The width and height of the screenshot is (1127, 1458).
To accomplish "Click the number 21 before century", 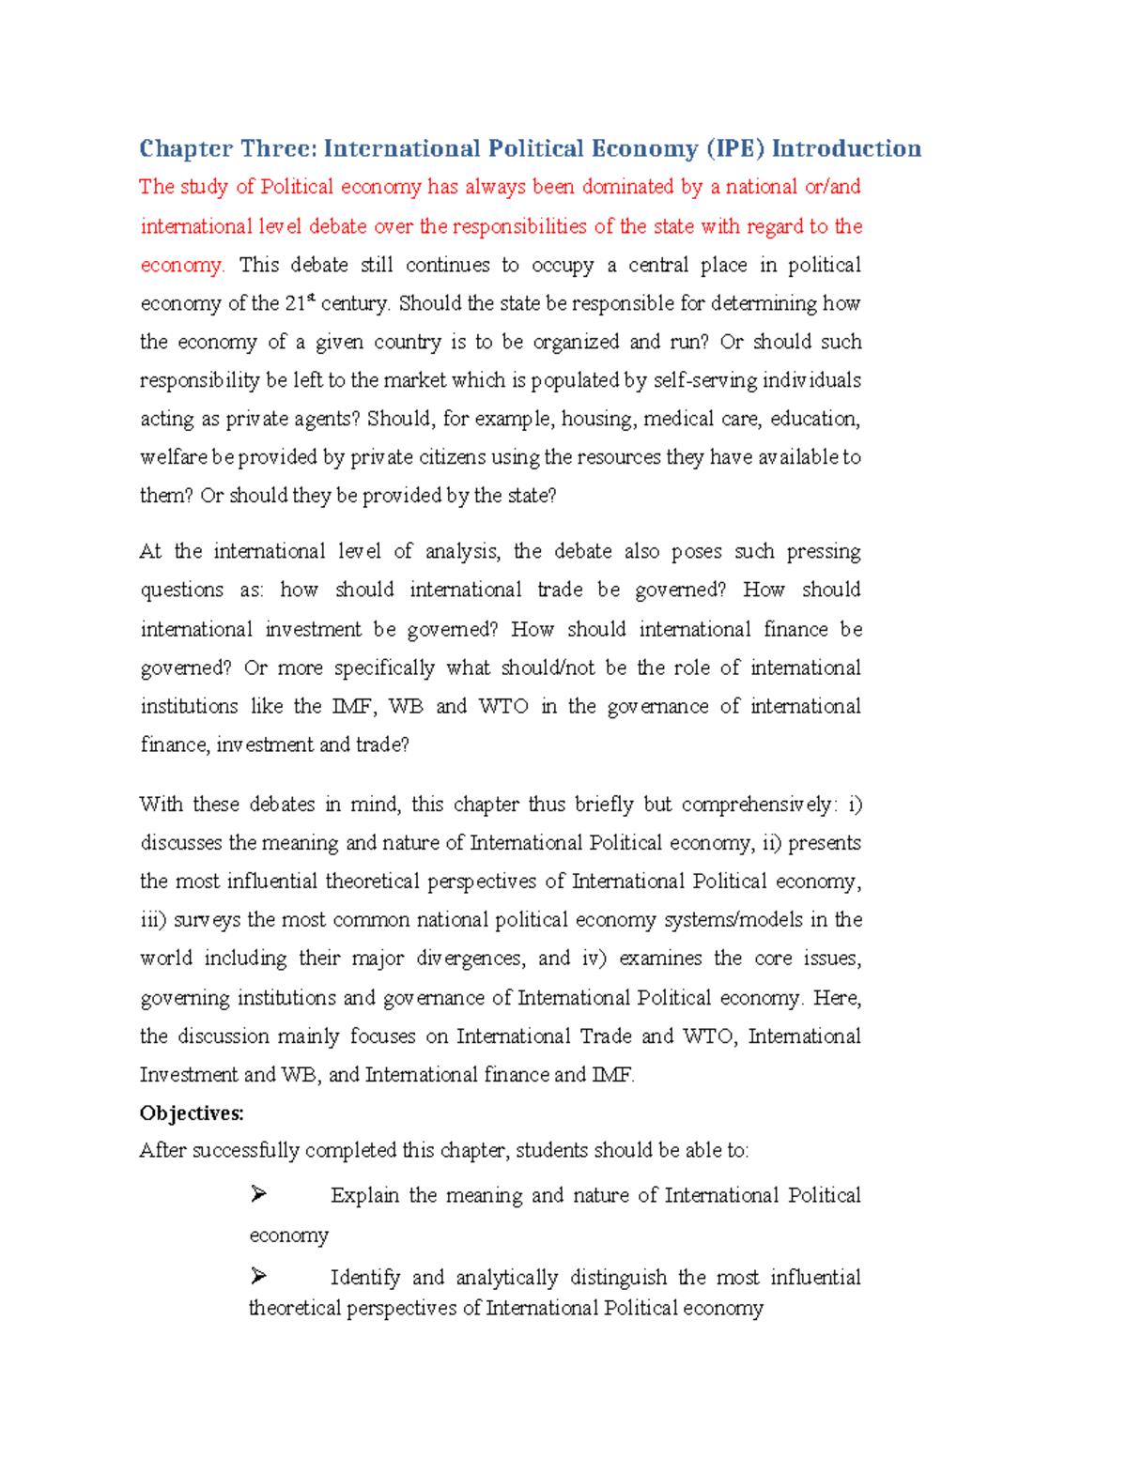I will (x=294, y=303).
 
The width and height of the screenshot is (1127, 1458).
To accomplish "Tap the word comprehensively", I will (x=756, y=805).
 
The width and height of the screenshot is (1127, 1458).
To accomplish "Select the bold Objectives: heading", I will (x=192, y=1113).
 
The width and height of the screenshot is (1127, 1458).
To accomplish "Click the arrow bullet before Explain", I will (x=258, y=1194).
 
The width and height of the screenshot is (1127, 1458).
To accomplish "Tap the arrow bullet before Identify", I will (x=258, y=1276).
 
